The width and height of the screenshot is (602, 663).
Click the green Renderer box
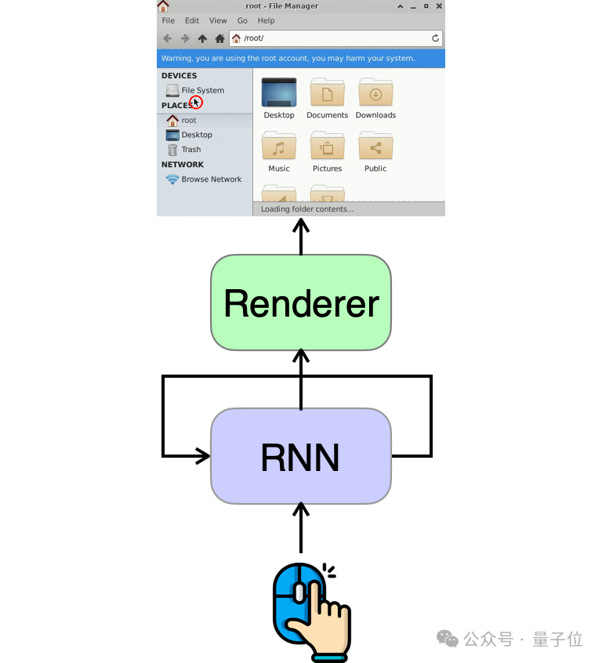[300, 303]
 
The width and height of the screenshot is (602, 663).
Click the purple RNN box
[300, 456]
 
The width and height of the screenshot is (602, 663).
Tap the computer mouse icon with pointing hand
[309, 609]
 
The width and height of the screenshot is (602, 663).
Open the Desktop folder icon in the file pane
[278, 93]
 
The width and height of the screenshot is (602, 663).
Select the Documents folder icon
[327, 93]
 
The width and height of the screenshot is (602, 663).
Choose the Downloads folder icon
[375, 93]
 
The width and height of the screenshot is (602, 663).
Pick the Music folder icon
[278, 147]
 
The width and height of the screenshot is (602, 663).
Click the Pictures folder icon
[327, 147]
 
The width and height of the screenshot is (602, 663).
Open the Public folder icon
[375, 147]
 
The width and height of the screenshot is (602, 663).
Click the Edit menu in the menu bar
[192, 20]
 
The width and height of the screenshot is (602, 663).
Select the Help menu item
[267, 20]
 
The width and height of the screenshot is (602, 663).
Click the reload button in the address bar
[436, 38]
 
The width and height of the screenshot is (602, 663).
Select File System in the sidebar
[202, 90]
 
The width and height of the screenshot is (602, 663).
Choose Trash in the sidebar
[190, 149]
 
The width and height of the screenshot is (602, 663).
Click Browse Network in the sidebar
[211, 179]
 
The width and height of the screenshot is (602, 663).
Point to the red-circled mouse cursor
[196, 102]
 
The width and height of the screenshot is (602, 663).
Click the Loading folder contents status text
[307, 209]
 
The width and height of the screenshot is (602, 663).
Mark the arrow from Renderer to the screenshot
[300, 236]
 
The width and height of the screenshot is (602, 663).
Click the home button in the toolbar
[220, 38]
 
